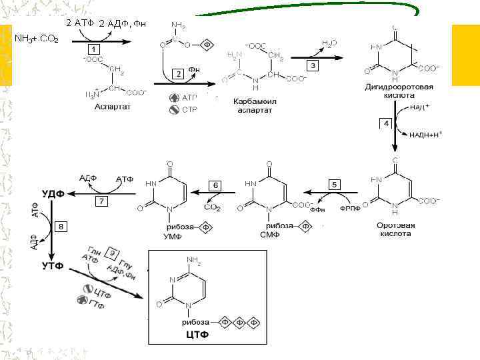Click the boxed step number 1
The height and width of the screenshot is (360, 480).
pyautogui.click(x=95, y=49)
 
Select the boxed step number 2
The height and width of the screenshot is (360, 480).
pyautogui.click(x=178, y=73)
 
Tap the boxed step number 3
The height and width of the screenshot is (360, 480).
pyautogui.click(x=312, y=65)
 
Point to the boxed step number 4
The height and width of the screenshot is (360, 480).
pyautogui.click(x=386, y=124)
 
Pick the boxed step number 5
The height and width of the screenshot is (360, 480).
pyautogui.click(x=335, y=184)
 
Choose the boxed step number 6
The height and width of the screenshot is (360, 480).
pyautogui.click(x=215, y=184)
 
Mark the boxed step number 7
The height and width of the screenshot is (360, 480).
pyautogui.click(x=101, y=201)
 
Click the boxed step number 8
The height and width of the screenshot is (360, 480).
pyautogui.click(x=62, y=227)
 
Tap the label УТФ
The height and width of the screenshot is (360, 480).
pyautogui.click(x=53, y=265)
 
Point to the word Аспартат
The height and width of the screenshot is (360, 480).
pyautogui.click(x=113, y=107)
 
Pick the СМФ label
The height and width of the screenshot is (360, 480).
pyautogui.click(x=268, y=234)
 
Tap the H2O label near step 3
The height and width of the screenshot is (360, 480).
pyautogui.click(x=329, y=43)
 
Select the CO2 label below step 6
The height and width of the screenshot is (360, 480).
pyautogui.click(x=213, y=208)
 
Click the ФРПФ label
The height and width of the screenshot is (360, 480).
pyautogui.click(x=350, y=208)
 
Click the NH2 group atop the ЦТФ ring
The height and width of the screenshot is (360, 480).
pyautogui.click(x=194, y=260)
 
